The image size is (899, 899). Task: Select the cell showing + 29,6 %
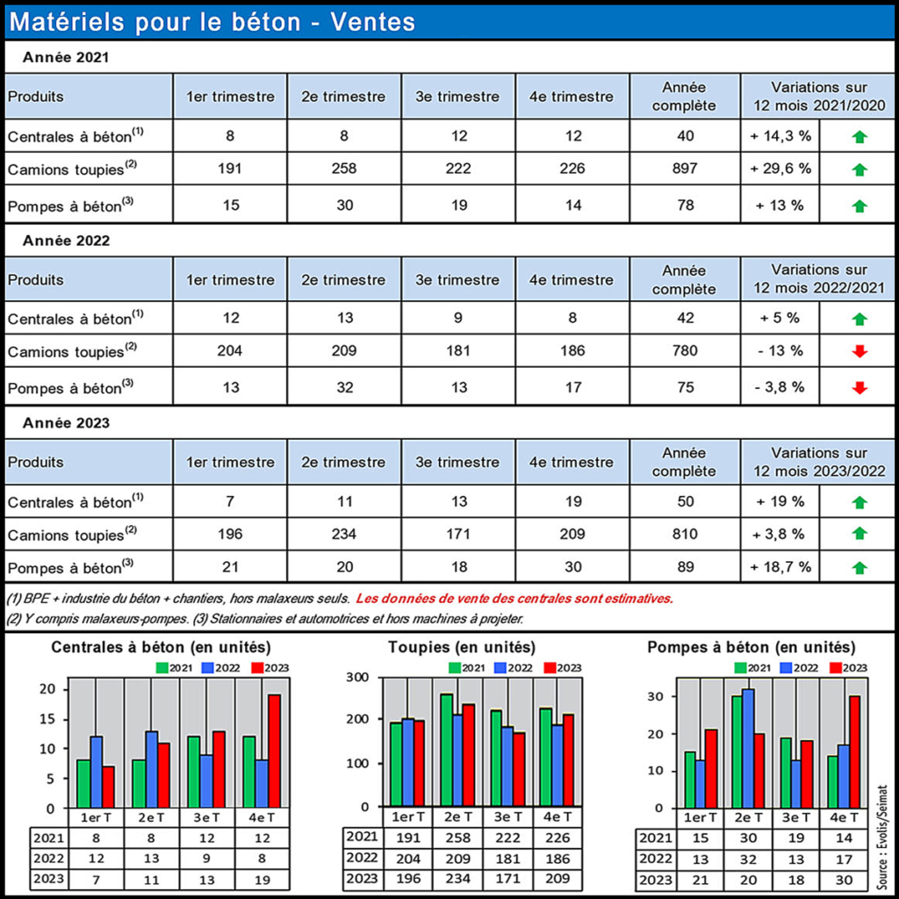click(780, 169)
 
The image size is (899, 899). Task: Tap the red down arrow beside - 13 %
click(859, 352)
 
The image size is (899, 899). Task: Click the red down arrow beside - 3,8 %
click(859, 387)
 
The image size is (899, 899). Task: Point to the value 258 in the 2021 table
click(344, 169)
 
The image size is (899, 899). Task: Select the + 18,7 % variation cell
click(780, 568)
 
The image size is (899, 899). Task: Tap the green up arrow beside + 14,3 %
click(859, 136)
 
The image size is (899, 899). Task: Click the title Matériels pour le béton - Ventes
click(212, 21)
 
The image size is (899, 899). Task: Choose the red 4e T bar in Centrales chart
click(274, 751)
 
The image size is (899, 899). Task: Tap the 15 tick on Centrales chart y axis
click(49, 719)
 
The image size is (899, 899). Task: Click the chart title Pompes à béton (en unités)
click(751, 648)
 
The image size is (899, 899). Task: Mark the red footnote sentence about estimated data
click(514, 599)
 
